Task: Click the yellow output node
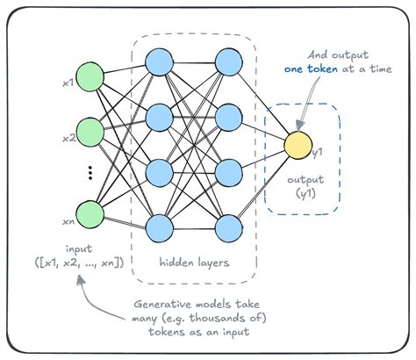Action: pos(298,144)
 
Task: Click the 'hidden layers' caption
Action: pos(194,263)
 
